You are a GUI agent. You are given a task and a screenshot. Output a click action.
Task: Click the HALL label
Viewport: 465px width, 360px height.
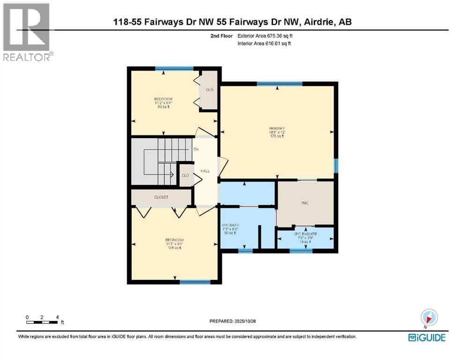pos(205,171)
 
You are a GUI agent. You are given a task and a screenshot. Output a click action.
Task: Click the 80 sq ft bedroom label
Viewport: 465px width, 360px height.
pos(163,102)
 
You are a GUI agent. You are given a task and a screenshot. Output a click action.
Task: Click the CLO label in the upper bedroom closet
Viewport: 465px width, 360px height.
pos(209,90)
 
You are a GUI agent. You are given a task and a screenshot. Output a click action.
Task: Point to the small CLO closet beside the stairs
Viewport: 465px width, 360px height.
pos(185,175)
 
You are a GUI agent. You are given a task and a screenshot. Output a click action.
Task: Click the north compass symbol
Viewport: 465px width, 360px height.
pos(429,316)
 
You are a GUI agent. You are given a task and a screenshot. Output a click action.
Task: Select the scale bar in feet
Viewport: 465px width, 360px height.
pos(43,321)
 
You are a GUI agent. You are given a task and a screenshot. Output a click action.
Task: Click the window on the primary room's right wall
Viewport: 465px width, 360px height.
pos(336,165)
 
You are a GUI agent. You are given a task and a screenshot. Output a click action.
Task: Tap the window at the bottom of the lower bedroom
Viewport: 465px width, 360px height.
pos(195,282)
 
